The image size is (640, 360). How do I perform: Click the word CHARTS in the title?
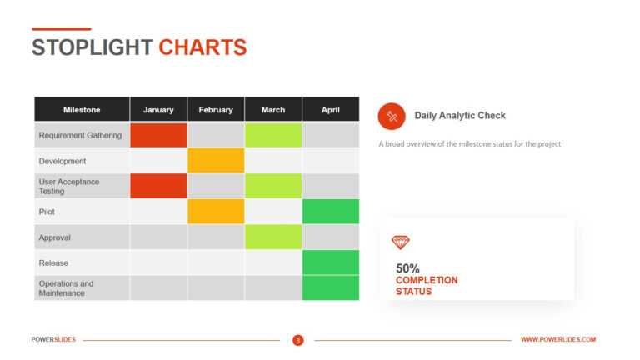(x=202, y=47)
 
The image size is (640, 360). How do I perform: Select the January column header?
(x=158, y=110)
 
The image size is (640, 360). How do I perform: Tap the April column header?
(x=331, y=110)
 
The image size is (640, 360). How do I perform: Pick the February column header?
(x=216, y=110)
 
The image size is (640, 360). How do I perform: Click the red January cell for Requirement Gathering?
(x=158, y=135)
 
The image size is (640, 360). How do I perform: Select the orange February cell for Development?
(x=216, y=161)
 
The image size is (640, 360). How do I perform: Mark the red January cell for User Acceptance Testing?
(x=158, y=186)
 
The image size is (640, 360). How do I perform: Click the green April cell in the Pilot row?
(x=331, y=212)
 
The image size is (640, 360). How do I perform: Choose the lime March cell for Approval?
(x=273, y=237)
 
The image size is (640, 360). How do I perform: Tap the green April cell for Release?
(x=331, y=262)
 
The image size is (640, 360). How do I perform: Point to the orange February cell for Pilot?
(x=216, y=212)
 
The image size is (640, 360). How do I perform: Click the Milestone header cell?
(x=82, y=110)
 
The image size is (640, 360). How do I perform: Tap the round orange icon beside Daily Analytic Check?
(x=392, y=116)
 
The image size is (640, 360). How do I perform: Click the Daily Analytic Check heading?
(x=460, y=116)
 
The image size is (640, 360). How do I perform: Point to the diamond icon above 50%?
(x=401, y=242)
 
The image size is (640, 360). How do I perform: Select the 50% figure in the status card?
(x=407, y=268)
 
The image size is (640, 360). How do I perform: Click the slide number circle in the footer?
(x=297, y=340)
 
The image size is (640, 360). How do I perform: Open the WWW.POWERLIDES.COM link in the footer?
(x=558, y=340)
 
